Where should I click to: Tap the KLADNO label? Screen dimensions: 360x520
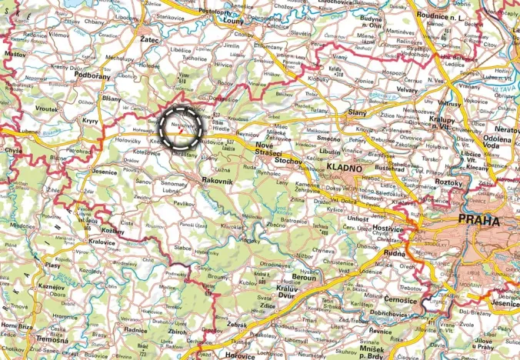342,167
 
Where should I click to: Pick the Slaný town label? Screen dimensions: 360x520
357,114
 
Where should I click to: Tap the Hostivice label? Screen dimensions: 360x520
388,230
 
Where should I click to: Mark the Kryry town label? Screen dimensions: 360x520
91,122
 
